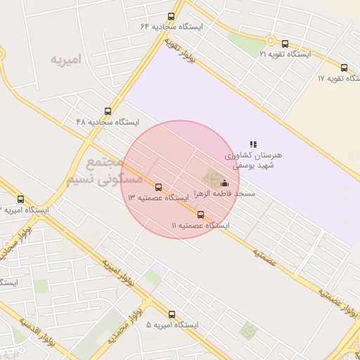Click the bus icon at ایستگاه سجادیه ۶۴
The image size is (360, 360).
tap(171, 16)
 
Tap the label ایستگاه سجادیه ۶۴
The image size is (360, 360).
tap(172, 27)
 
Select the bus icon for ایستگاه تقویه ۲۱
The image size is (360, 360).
tap(285, 43)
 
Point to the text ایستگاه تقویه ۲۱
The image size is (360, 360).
tap(285, 53)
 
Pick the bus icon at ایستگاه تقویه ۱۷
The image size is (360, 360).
tap(343, 67)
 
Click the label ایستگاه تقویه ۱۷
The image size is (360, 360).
tap(338, 78)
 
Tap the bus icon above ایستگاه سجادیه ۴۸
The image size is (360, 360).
tap(108, 110)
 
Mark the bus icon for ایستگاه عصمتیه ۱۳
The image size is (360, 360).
tap(158, 188)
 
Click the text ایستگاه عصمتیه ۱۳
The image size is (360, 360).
tap(158, 198)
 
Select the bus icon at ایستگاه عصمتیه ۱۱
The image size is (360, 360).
tap(201, 214)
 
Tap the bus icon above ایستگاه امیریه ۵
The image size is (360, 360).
tap(172, 314)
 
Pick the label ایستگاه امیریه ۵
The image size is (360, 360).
tap(172, 326)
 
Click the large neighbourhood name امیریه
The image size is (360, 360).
tap(65, 59)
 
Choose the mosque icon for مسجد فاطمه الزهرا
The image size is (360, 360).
tap(224, 183)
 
